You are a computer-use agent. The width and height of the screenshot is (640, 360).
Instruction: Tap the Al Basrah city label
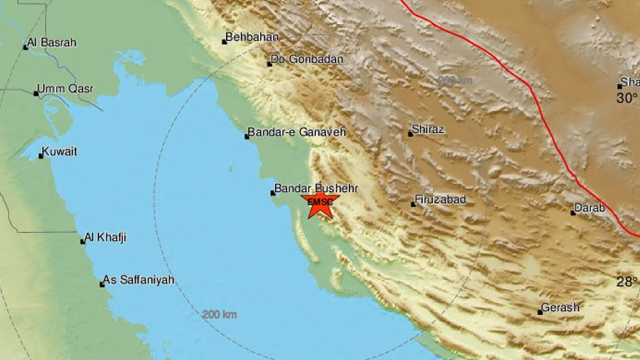pyautogui.click(x=52, y=43)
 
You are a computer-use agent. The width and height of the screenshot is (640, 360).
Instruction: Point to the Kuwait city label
pyautogui.click(x=61, y=152)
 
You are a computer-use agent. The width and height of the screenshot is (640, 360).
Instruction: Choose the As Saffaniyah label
pyautogui.click(x=139, y=281)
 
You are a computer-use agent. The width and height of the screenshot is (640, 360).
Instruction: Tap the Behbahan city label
pyautogui.click(x=254, y=37)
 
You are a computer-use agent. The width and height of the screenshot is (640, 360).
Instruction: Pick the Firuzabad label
pyautogui.click(x=441, y=200)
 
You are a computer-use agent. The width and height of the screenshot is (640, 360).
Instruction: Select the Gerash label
pyautogui.click(x=559, y=308)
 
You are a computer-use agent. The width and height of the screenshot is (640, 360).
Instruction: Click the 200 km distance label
pyautogui.click(x=219, y=315)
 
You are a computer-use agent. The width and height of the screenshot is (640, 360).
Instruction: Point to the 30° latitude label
pyautogui.click(x=626, y=98)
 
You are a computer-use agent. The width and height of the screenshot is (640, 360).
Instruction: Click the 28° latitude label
pyautogui.click(x=626, y=283)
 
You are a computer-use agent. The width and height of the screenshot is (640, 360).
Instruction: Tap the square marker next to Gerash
pyautogui.click(x=539, y=312)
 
